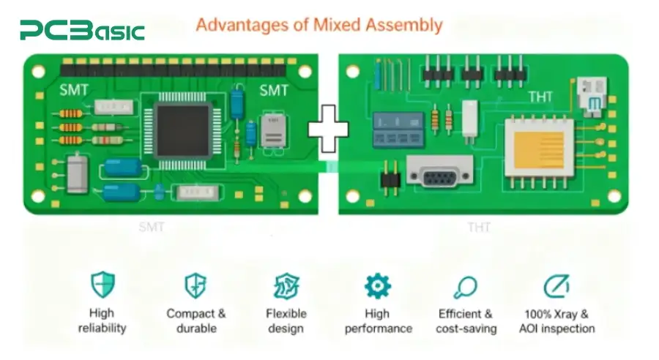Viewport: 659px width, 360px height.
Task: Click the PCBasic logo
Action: (x=82, y=30)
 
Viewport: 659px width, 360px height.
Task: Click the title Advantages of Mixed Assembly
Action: (x=319, y=25)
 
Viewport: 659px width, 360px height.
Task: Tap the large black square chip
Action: (x=183, y=131)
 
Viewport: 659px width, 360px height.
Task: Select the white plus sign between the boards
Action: (x=328, y=129)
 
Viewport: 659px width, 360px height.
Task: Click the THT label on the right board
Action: (x=540, y=97)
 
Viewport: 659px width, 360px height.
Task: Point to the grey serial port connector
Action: (x=439, y=171)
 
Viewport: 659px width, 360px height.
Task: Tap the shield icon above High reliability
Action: (x=103, y=285)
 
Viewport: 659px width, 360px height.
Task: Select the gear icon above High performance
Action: (x=377, y=286)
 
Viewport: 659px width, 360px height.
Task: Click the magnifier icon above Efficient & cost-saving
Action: (x=465, y=288)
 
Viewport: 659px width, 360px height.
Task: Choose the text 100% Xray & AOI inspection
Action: (x=557, y=321)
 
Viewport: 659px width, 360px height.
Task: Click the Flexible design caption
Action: (x=286, y=321)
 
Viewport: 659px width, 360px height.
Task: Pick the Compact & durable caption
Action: (x=196, y=321)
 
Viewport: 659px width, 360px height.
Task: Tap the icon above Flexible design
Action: (x=286, y=286)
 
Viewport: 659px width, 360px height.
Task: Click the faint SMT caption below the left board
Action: (x=152, y=228)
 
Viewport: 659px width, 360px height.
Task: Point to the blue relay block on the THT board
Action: (x=398, y=129)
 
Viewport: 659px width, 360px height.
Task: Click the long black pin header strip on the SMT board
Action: (x=174, y=68)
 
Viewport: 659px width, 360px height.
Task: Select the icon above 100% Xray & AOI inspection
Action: (x=556, y=287)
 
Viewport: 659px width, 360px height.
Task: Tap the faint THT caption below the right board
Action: (x=479, y=228)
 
